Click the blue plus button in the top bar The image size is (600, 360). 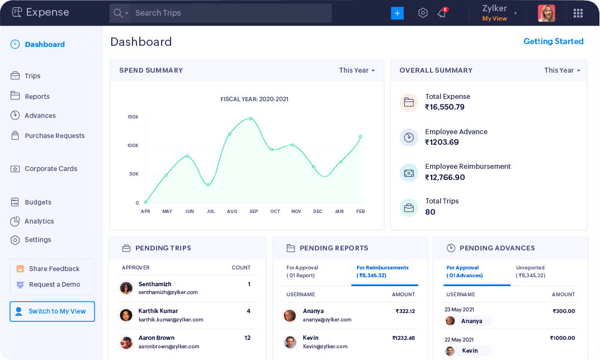click(x=397, y=13)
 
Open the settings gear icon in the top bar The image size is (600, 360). click(x=423, y=13)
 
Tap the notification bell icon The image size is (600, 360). click(x=442, y=13)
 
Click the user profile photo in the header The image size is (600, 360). click(x=546, y=13)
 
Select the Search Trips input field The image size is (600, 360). click(x=229, y=13)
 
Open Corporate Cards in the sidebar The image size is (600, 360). click(x=51, y=169)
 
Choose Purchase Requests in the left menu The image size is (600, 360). click(x=54, y=136)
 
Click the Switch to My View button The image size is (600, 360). click(x=52, y=311)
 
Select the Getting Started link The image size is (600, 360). click(x=553, y=41)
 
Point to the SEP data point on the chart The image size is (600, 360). click(x=251, y=119)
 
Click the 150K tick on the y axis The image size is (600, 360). click(x=133, y=117)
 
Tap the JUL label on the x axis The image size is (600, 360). click(x=211, y=211)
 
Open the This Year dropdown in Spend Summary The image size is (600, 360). click(x=357, y=70)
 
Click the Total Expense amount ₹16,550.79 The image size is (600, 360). click(x=445, y=107)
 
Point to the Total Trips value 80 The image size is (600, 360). click(x=430, y=212)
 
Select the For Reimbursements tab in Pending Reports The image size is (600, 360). click(x=382, y=272)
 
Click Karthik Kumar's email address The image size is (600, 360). click(x=171, y=320)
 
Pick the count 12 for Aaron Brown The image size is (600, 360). click(x=247, y=338)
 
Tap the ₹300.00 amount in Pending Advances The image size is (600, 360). click(x=564, y=311)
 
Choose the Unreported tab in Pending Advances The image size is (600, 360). click(x=531, y=272)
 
